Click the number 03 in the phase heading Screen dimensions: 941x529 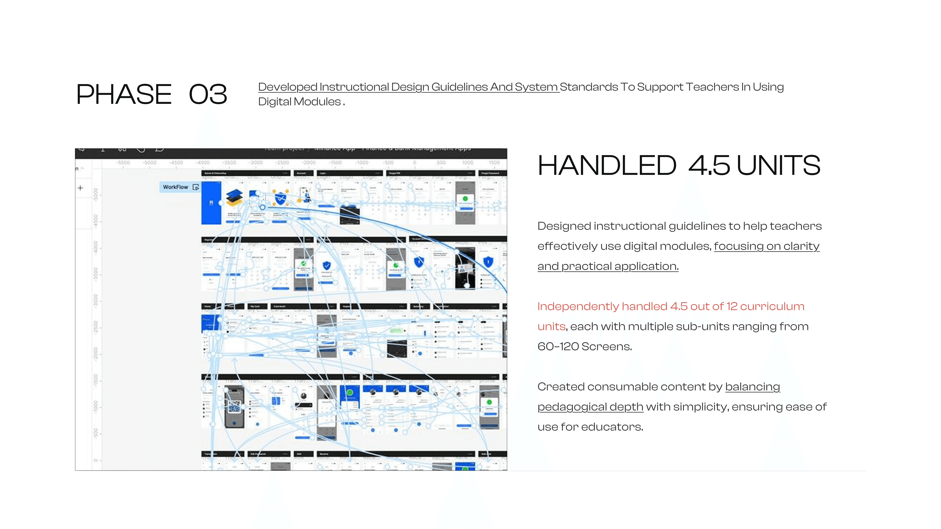click(x=208, y=94)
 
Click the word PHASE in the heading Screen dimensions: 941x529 click(x=124, y=94)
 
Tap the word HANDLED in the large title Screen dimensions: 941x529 click(x=607, y=165)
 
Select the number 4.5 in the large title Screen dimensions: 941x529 click(x=709, y=165)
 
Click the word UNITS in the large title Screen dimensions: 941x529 click(x=778, y=165)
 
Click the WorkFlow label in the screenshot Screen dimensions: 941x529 click(x=175, y=187)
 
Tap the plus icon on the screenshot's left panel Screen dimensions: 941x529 click(x=80, y=188)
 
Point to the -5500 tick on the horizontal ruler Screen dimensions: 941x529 click(x=124, y=162)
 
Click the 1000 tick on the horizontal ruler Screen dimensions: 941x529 click(x=468, y=162)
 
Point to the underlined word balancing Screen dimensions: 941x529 click(x=752, y=387)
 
